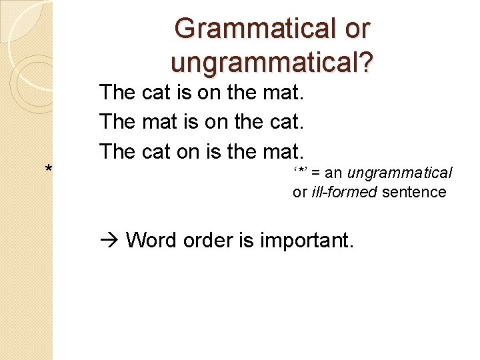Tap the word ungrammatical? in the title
coord(272,62)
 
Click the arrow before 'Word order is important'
coord(109,239)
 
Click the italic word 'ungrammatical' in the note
coord(399,173)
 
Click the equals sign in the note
coord(317,173)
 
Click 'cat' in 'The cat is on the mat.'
coord(157,93)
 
